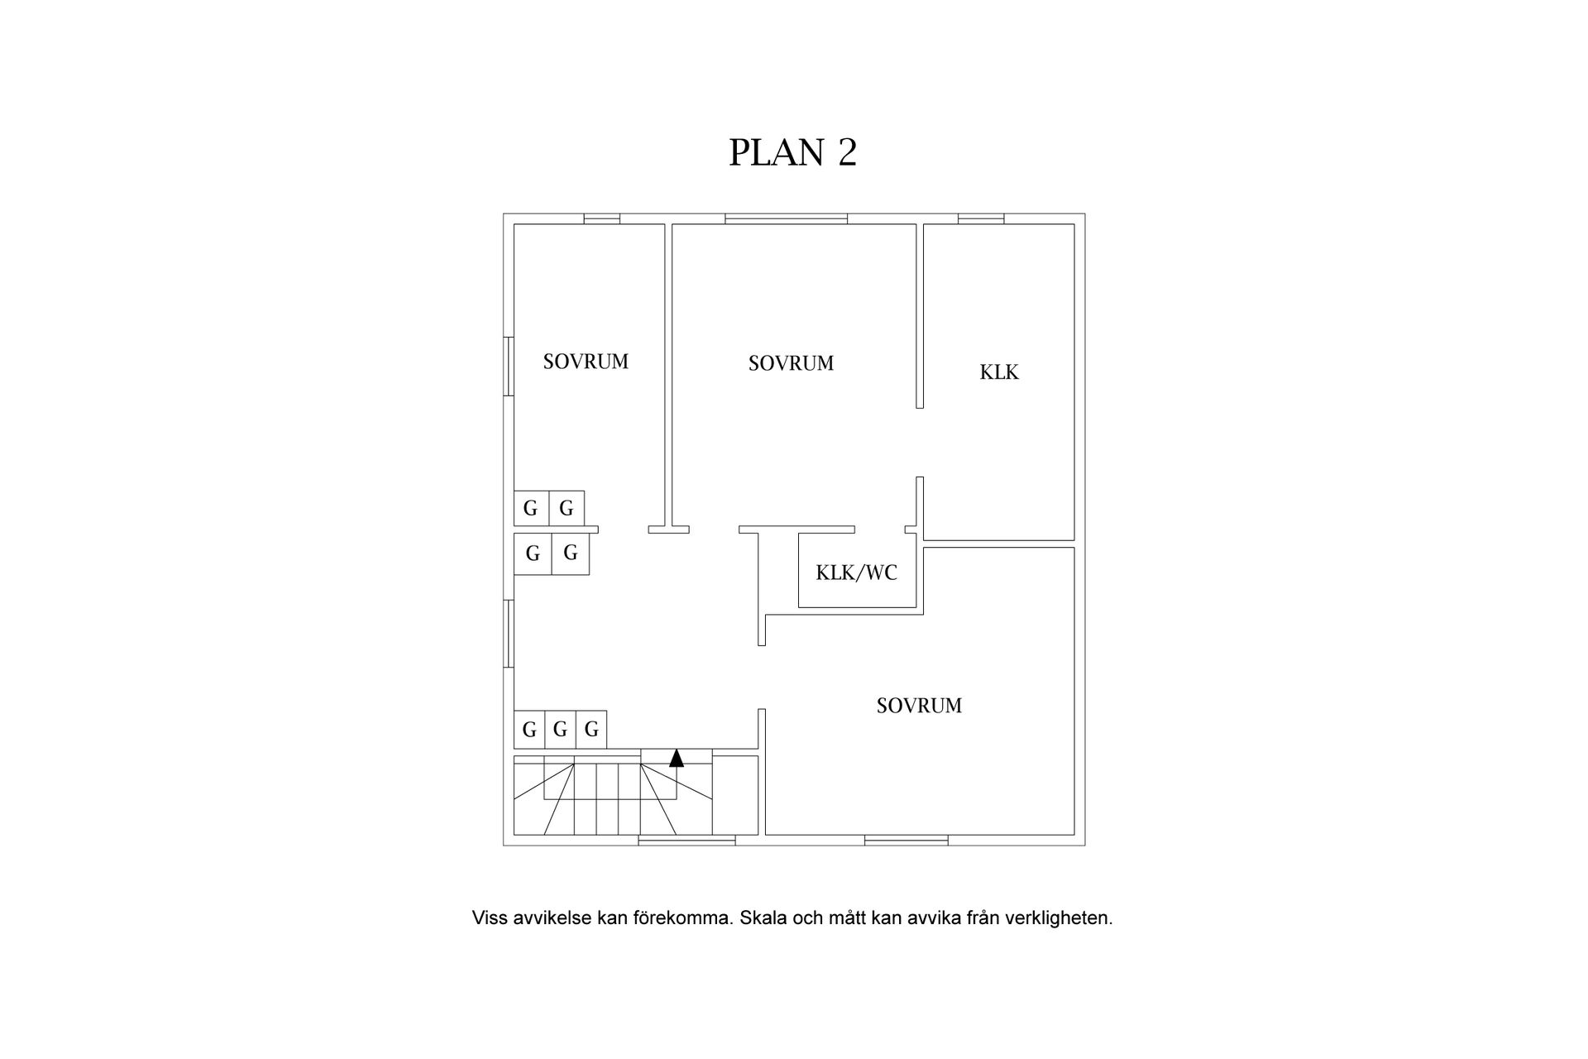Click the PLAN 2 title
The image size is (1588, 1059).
[792, 152]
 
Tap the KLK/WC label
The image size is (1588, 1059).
[856, 573]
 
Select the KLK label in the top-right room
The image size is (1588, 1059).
[999, 372]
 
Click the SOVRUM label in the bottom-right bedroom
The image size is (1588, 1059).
[919, 706]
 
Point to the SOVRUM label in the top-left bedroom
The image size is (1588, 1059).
[586, 362]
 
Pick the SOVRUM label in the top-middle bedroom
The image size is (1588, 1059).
[791, 363]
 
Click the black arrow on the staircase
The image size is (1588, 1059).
[677, 757]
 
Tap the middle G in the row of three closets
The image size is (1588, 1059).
[560, 730]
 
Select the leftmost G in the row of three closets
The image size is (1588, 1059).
[529, 730]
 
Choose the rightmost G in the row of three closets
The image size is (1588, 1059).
[591, 730]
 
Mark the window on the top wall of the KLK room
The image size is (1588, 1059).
[981, 219]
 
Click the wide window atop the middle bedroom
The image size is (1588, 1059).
[787, 219]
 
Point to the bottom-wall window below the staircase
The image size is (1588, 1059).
[686, 841]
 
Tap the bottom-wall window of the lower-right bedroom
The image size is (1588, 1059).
[906, 841]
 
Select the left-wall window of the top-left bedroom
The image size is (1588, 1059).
[509, 366]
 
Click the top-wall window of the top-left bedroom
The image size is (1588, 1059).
[602, 219]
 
